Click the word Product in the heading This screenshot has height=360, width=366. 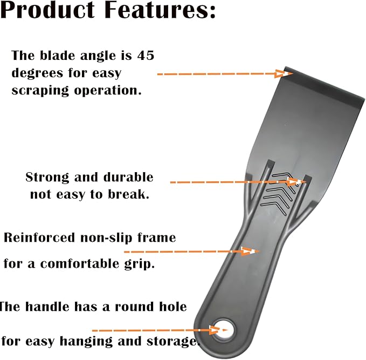click(x=47, y=10)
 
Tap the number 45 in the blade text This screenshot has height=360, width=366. click(x=146, y=56)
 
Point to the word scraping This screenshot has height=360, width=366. click(x=40, y=91)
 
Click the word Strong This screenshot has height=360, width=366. click(x=47, y=178)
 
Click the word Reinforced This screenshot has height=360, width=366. click(x=39, y=237)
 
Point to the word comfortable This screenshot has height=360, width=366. click(x=80, y=264)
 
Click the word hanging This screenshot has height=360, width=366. click(x=86, y=342)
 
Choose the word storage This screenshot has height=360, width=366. click(x=172, y=342)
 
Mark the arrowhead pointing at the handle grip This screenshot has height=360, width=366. click(x=250, y=252)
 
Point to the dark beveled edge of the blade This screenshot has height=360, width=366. click(x=324, y=87)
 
